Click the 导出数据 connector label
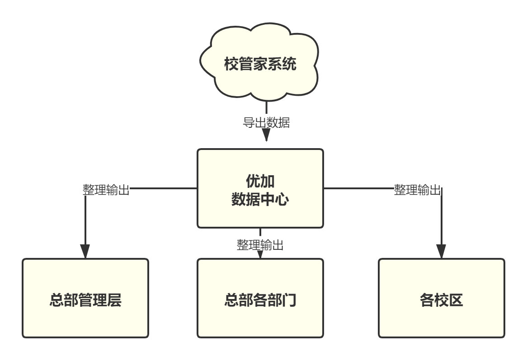(x=266, y=122)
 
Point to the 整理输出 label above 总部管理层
(x=106, y=189)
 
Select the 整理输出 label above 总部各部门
(x=260, y=245)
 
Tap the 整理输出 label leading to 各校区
(x=417, y=189)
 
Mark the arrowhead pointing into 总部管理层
(x=85, y=251)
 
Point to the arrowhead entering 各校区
(x=441, y=251)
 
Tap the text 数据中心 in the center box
(x=260, y=199)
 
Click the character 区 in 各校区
(x=456, y=300)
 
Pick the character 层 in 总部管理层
(x=114, y=300)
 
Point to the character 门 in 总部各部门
(x=289, y=300)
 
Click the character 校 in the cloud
(x=231, y=64)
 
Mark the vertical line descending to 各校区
(x=441, y=217)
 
